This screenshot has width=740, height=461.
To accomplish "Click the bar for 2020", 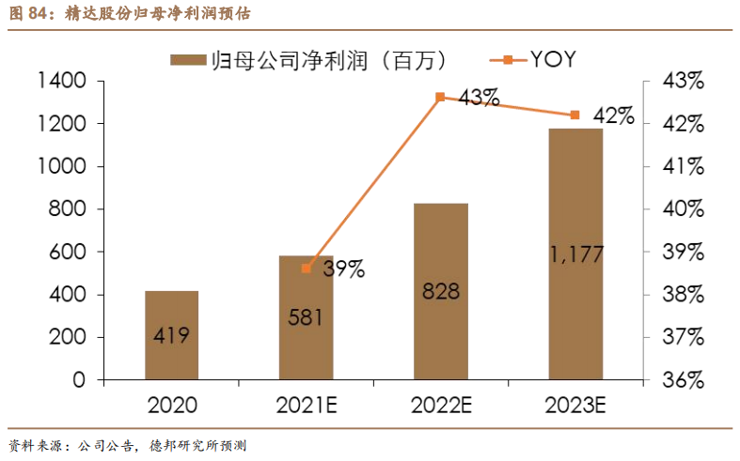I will (171, 335).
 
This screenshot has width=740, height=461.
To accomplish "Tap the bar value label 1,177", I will (576, 254).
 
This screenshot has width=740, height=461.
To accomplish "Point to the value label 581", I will (307, 316).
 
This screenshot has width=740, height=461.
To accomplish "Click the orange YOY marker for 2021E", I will (307, 269).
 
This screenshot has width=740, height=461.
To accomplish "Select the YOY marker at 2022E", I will (440, 97).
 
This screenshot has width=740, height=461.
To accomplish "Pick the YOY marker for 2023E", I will (575, 115).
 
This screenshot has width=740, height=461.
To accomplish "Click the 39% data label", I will (343, 269).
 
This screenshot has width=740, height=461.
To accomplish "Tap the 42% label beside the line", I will (614, 116).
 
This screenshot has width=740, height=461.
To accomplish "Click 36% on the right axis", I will (683, 380).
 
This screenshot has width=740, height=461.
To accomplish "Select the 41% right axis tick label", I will (683, 167).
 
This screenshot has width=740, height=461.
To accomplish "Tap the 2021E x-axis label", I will (307, 406).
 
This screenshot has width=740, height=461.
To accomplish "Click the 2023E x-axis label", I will (576, 406).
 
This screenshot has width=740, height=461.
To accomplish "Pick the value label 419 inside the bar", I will (171, 335).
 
